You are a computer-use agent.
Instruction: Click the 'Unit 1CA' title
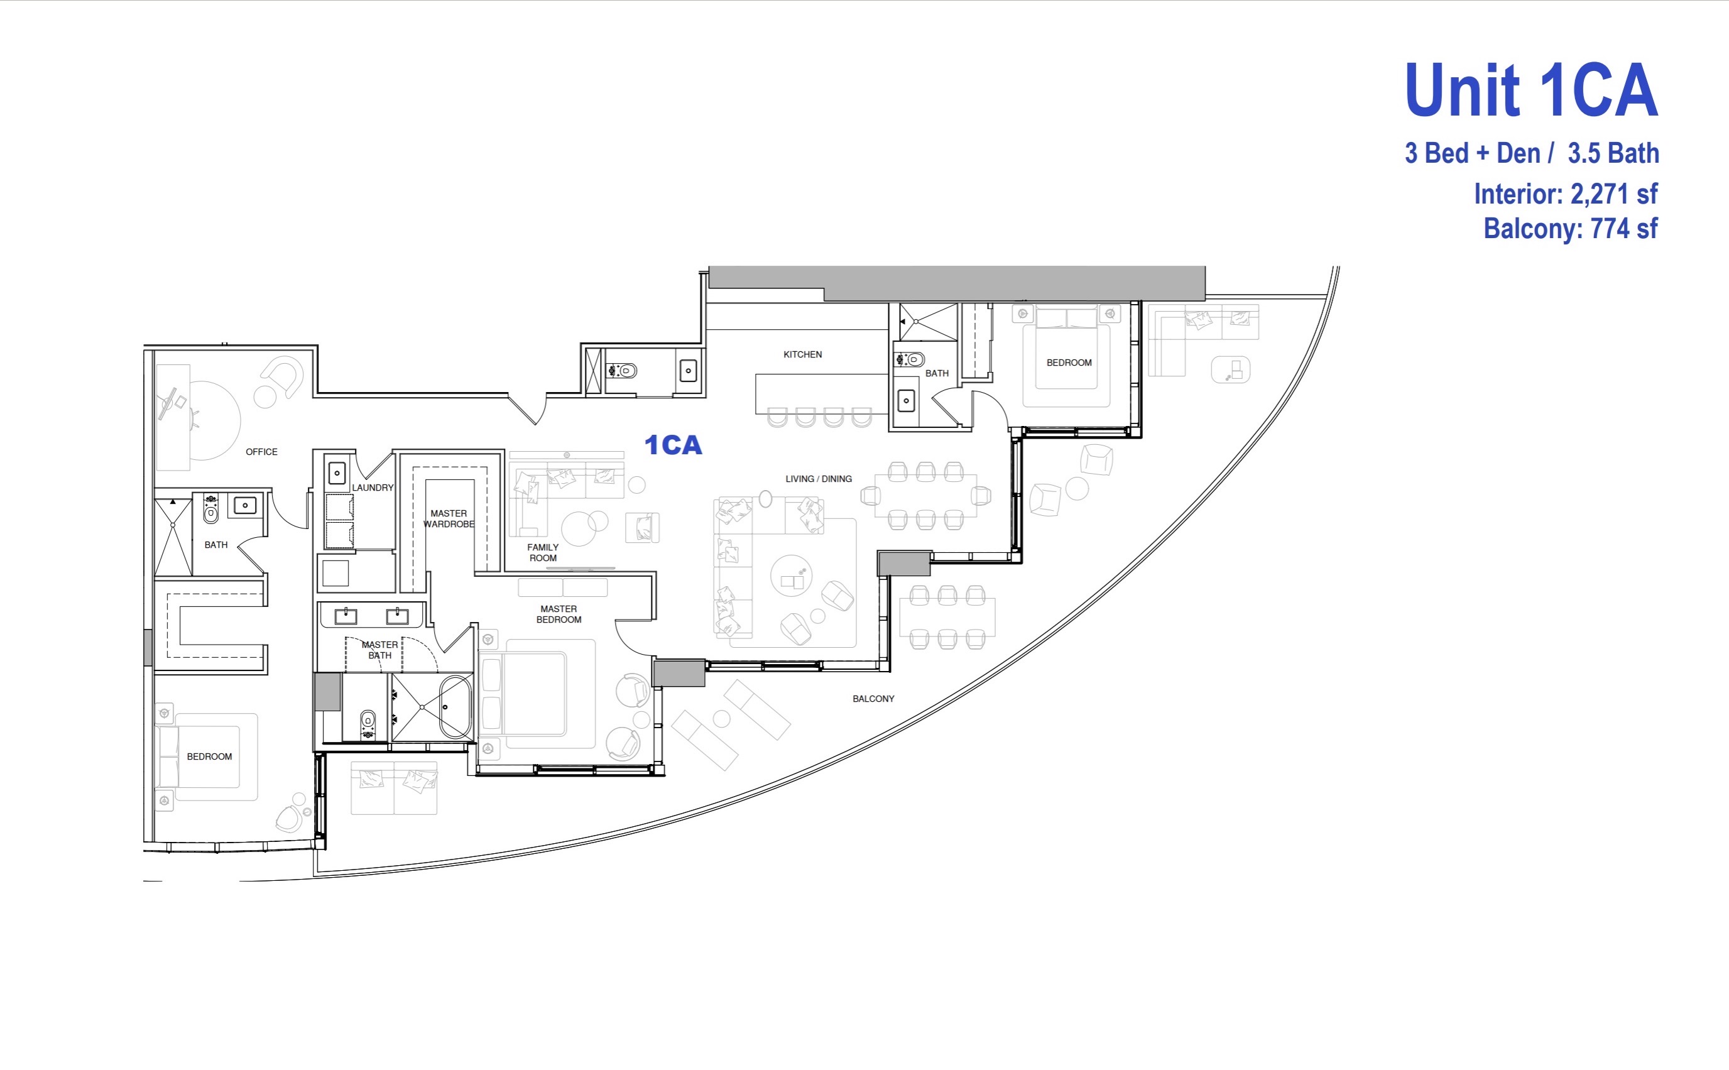tap(1531, 90)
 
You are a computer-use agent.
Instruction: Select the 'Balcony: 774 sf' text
tap(1571, 229)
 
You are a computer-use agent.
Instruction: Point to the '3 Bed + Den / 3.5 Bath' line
tap(1532, 153)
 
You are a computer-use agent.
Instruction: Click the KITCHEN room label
tap(802, 354)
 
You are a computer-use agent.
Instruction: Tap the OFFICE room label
tap(261, 452)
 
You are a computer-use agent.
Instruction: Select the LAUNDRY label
tap(372, 488)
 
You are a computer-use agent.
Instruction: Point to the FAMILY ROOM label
tap(543, 553)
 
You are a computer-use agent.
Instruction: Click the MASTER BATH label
tap(379, 650)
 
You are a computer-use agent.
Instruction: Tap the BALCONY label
tap(873, 699)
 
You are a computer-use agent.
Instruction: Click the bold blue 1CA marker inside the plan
tap(673, 445)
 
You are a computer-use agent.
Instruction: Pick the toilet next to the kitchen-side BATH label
tap(910, 359)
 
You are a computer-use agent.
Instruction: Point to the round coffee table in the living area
tap(791, 576)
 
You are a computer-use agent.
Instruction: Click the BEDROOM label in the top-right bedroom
tap(1069, 363)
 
